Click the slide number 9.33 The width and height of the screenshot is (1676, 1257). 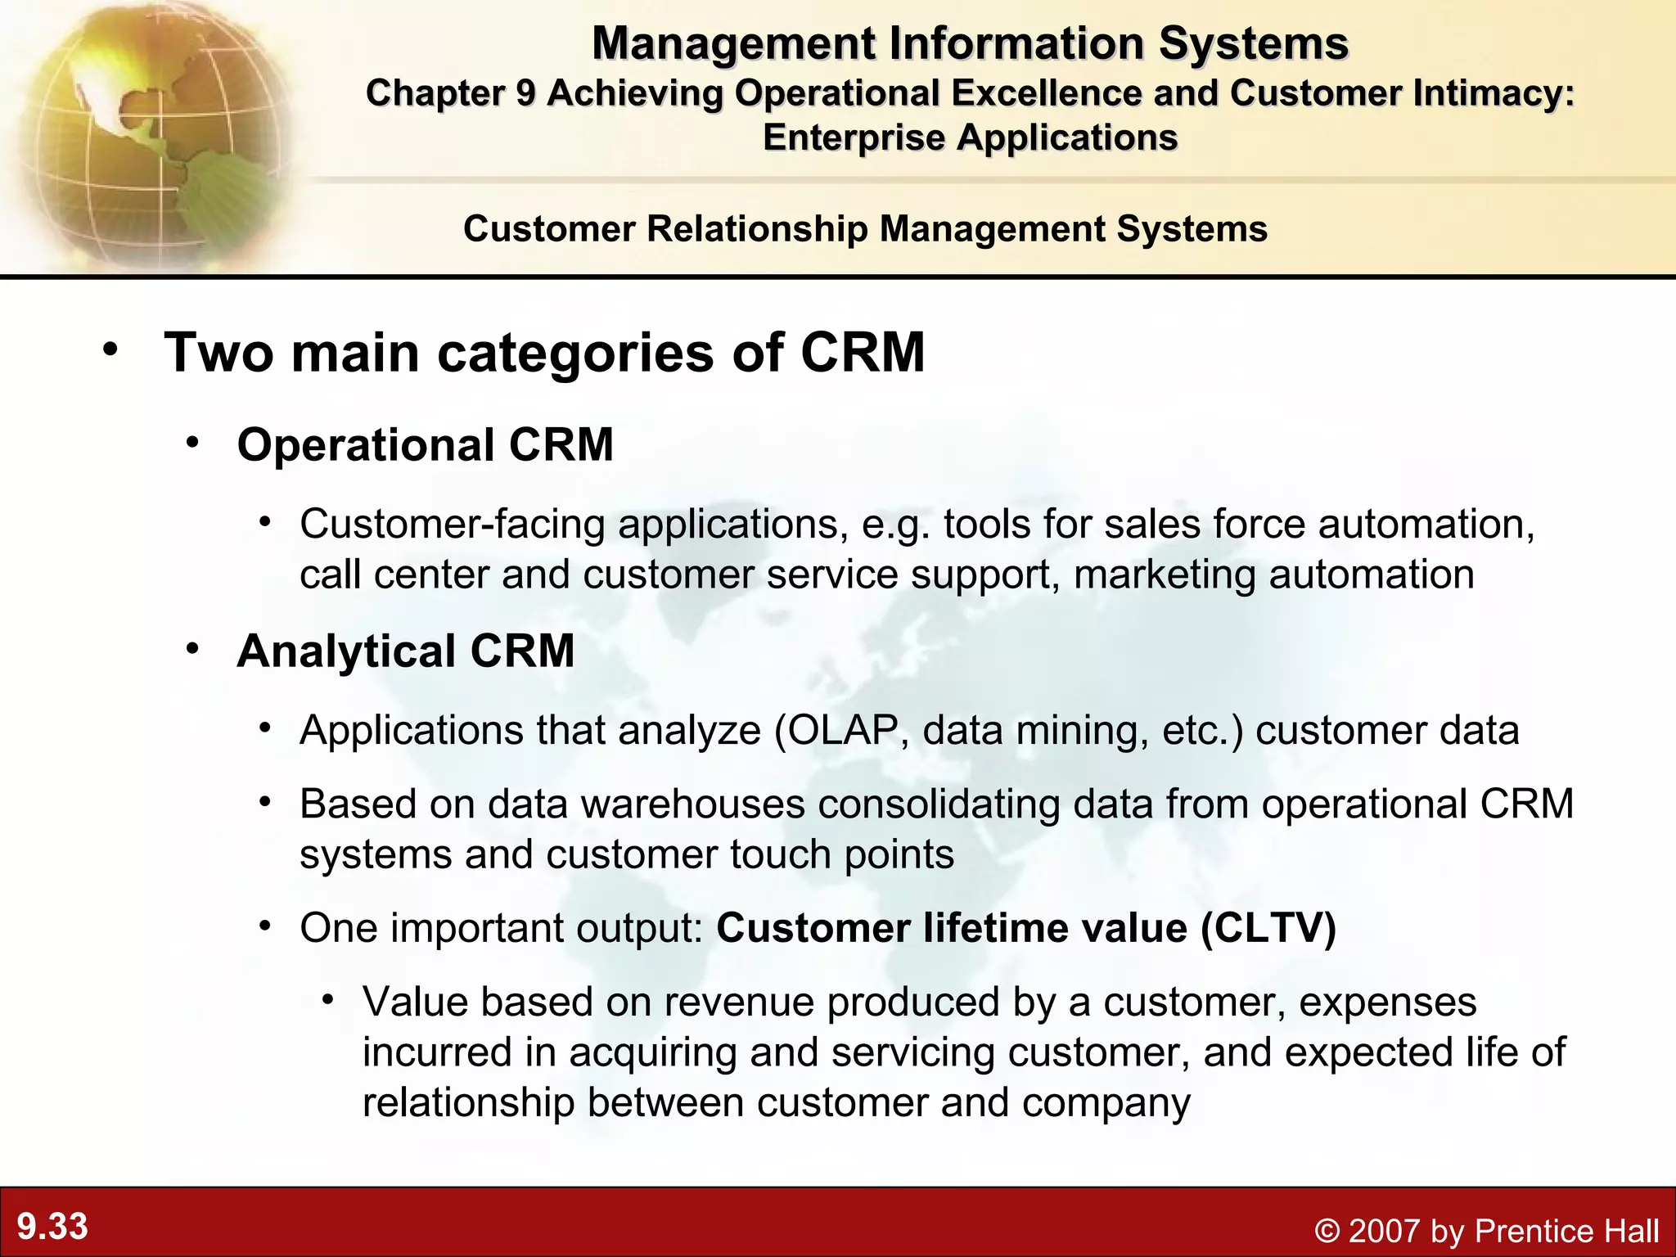[x=52, y=1227]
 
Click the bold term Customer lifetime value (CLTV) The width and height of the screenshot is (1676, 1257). [x=1026, y=928]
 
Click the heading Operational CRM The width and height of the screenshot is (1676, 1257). [x=425, y=445]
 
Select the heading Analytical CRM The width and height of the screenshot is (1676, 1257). [x=405, y=651]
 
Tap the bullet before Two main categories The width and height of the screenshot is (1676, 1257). [x=110, y=350]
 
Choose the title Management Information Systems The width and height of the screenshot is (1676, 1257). [x=970, y=43]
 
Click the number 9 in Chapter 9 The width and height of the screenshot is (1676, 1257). [x=525, y=93]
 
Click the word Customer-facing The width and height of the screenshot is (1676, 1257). [x=453, y=525]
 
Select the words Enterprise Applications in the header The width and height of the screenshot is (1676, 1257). [x=970, y=137]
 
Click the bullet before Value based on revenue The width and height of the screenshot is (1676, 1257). [x=328, y=1000]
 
